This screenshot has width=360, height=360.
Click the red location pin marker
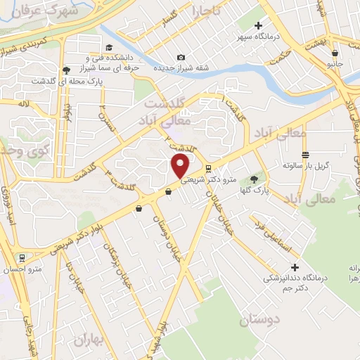tap(181, 167)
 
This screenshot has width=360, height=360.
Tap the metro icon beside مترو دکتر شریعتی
tap(208, 167)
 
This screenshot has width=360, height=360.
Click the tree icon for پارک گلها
tap(255, 180)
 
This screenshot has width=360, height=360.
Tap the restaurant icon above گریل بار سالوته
tap(305, 155)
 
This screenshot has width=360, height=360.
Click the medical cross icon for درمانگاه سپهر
tap(258, 26)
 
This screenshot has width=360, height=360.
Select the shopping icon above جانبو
tap(335, 52)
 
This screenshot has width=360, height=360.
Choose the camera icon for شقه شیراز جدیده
tap(181, 57)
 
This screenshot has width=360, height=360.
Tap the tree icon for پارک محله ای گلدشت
tap(66, 70)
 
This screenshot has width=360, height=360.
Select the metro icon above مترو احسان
tap(23, 257)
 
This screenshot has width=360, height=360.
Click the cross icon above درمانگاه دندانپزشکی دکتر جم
tap(295, 267)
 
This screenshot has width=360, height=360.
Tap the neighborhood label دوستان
tap(259, 321)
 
